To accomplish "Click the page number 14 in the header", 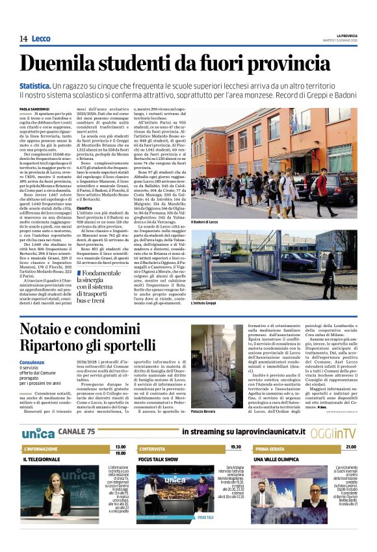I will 23,39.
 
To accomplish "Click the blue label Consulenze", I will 32,362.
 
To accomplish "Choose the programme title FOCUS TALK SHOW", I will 159,459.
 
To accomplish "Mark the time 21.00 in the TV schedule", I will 351,447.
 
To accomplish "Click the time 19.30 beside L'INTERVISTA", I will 235,447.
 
